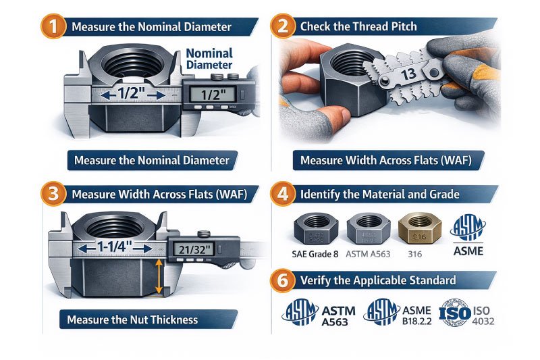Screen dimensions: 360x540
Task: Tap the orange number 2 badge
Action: coord(283,26)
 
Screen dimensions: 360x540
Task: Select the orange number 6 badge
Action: coord(283,280)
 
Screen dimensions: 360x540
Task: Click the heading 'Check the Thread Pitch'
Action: coord(358,27)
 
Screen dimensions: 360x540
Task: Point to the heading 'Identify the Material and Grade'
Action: coord(379,195)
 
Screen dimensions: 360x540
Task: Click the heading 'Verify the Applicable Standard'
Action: coord(377,280)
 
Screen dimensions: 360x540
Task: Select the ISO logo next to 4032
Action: coord(455,312)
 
